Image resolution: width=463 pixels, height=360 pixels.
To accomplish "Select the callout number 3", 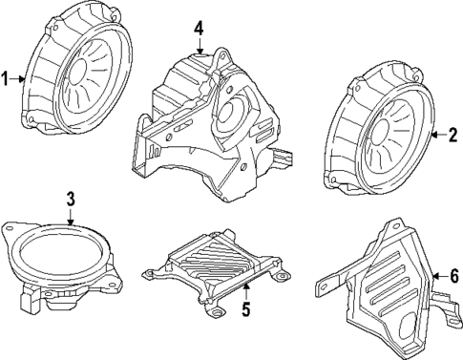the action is pos(70,200).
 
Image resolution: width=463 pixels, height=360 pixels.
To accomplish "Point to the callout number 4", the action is pos(199,29).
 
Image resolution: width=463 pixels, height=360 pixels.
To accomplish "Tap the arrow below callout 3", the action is pos(70,218).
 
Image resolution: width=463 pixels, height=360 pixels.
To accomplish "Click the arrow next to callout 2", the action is pos(437,136).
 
